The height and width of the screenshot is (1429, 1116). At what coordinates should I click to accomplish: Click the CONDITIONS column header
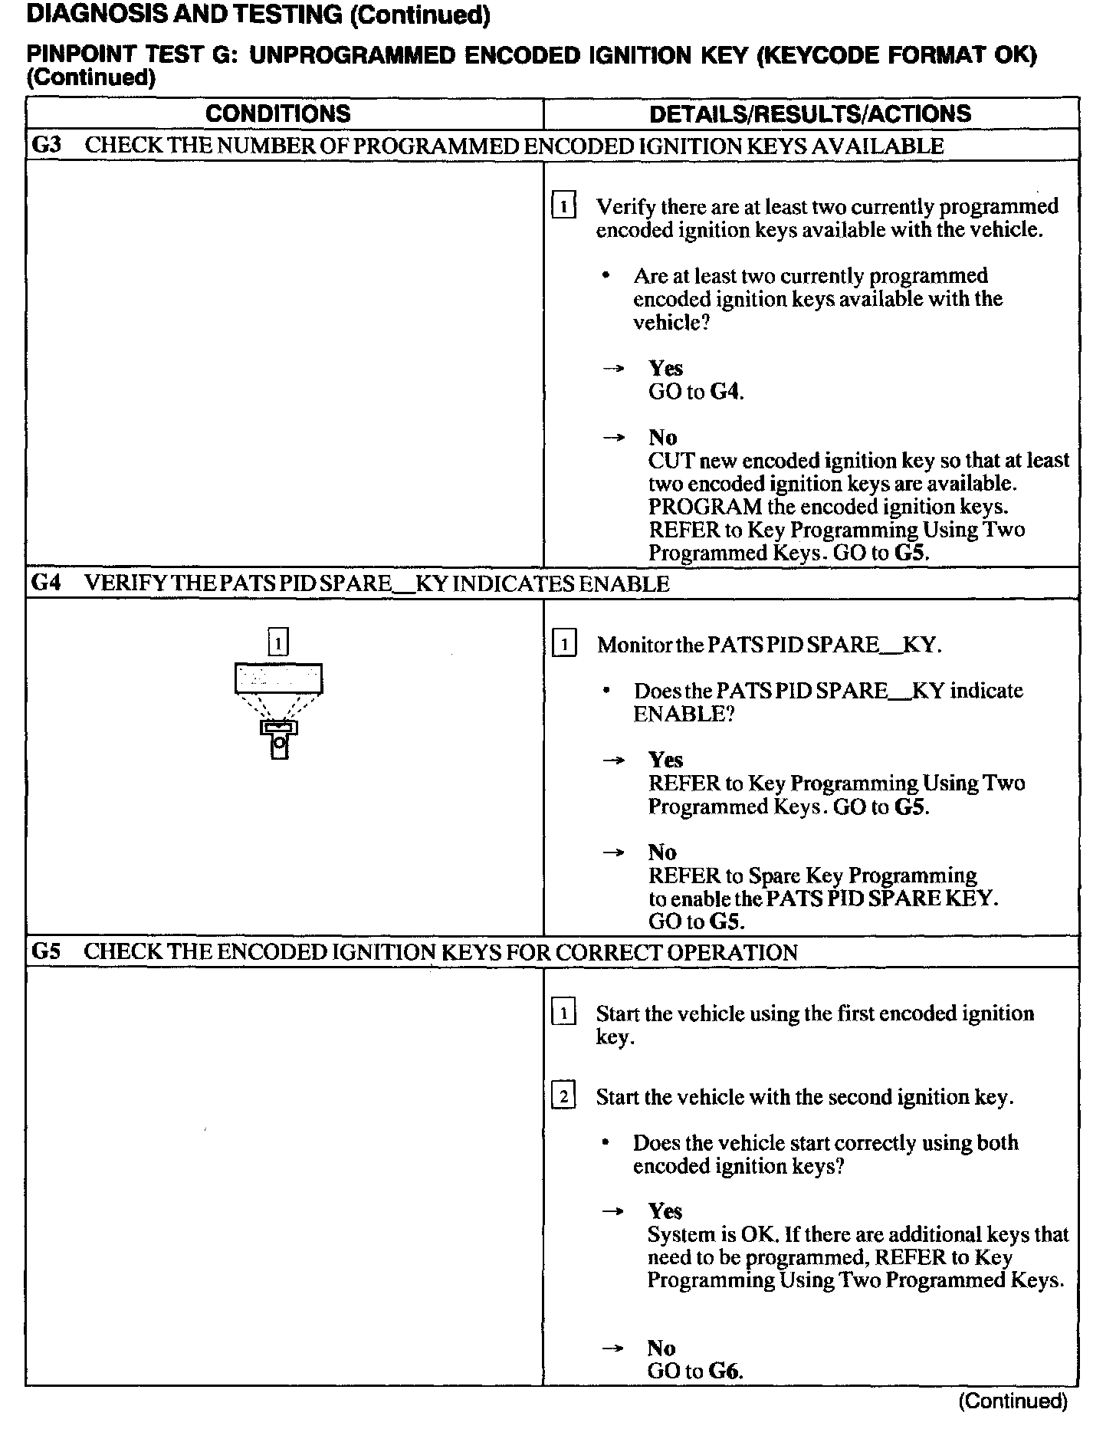click(x=277, y=114)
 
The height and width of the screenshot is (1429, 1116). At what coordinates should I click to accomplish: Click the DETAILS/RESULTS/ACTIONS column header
click(x=809, y=114)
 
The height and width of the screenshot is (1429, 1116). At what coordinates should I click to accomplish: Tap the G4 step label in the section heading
click(x=46, y=583)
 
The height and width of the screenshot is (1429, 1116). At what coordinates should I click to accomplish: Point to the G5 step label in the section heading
click(x=46, y=951)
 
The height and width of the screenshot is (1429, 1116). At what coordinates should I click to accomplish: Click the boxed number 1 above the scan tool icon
click(x=278, y=642)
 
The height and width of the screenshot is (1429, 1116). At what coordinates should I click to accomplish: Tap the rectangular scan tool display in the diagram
click(x=278, y=678)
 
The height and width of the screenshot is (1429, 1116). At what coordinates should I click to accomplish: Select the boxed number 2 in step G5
click(x=563, y=1097)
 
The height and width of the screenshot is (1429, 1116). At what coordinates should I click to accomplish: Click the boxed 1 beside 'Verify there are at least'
click(x=563, y=207)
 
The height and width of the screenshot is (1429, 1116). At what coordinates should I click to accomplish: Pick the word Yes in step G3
click(x=665, y=368)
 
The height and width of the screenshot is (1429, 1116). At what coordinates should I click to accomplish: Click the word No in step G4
click(x=662, y=852)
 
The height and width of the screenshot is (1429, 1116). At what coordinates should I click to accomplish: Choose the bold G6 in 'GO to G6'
click(x=724, y=1371)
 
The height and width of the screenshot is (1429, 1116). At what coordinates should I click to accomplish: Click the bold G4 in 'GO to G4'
click(x=726, y=392)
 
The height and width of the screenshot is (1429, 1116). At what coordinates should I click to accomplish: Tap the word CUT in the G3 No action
click(x=671, y=461)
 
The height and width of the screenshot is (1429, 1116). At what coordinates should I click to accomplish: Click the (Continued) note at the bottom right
click(x=1013, y=1401)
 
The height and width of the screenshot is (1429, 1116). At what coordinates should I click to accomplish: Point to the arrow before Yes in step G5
click(x=612, y=1211)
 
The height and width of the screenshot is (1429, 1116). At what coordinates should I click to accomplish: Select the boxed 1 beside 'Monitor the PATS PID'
click(x=563, y=645)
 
